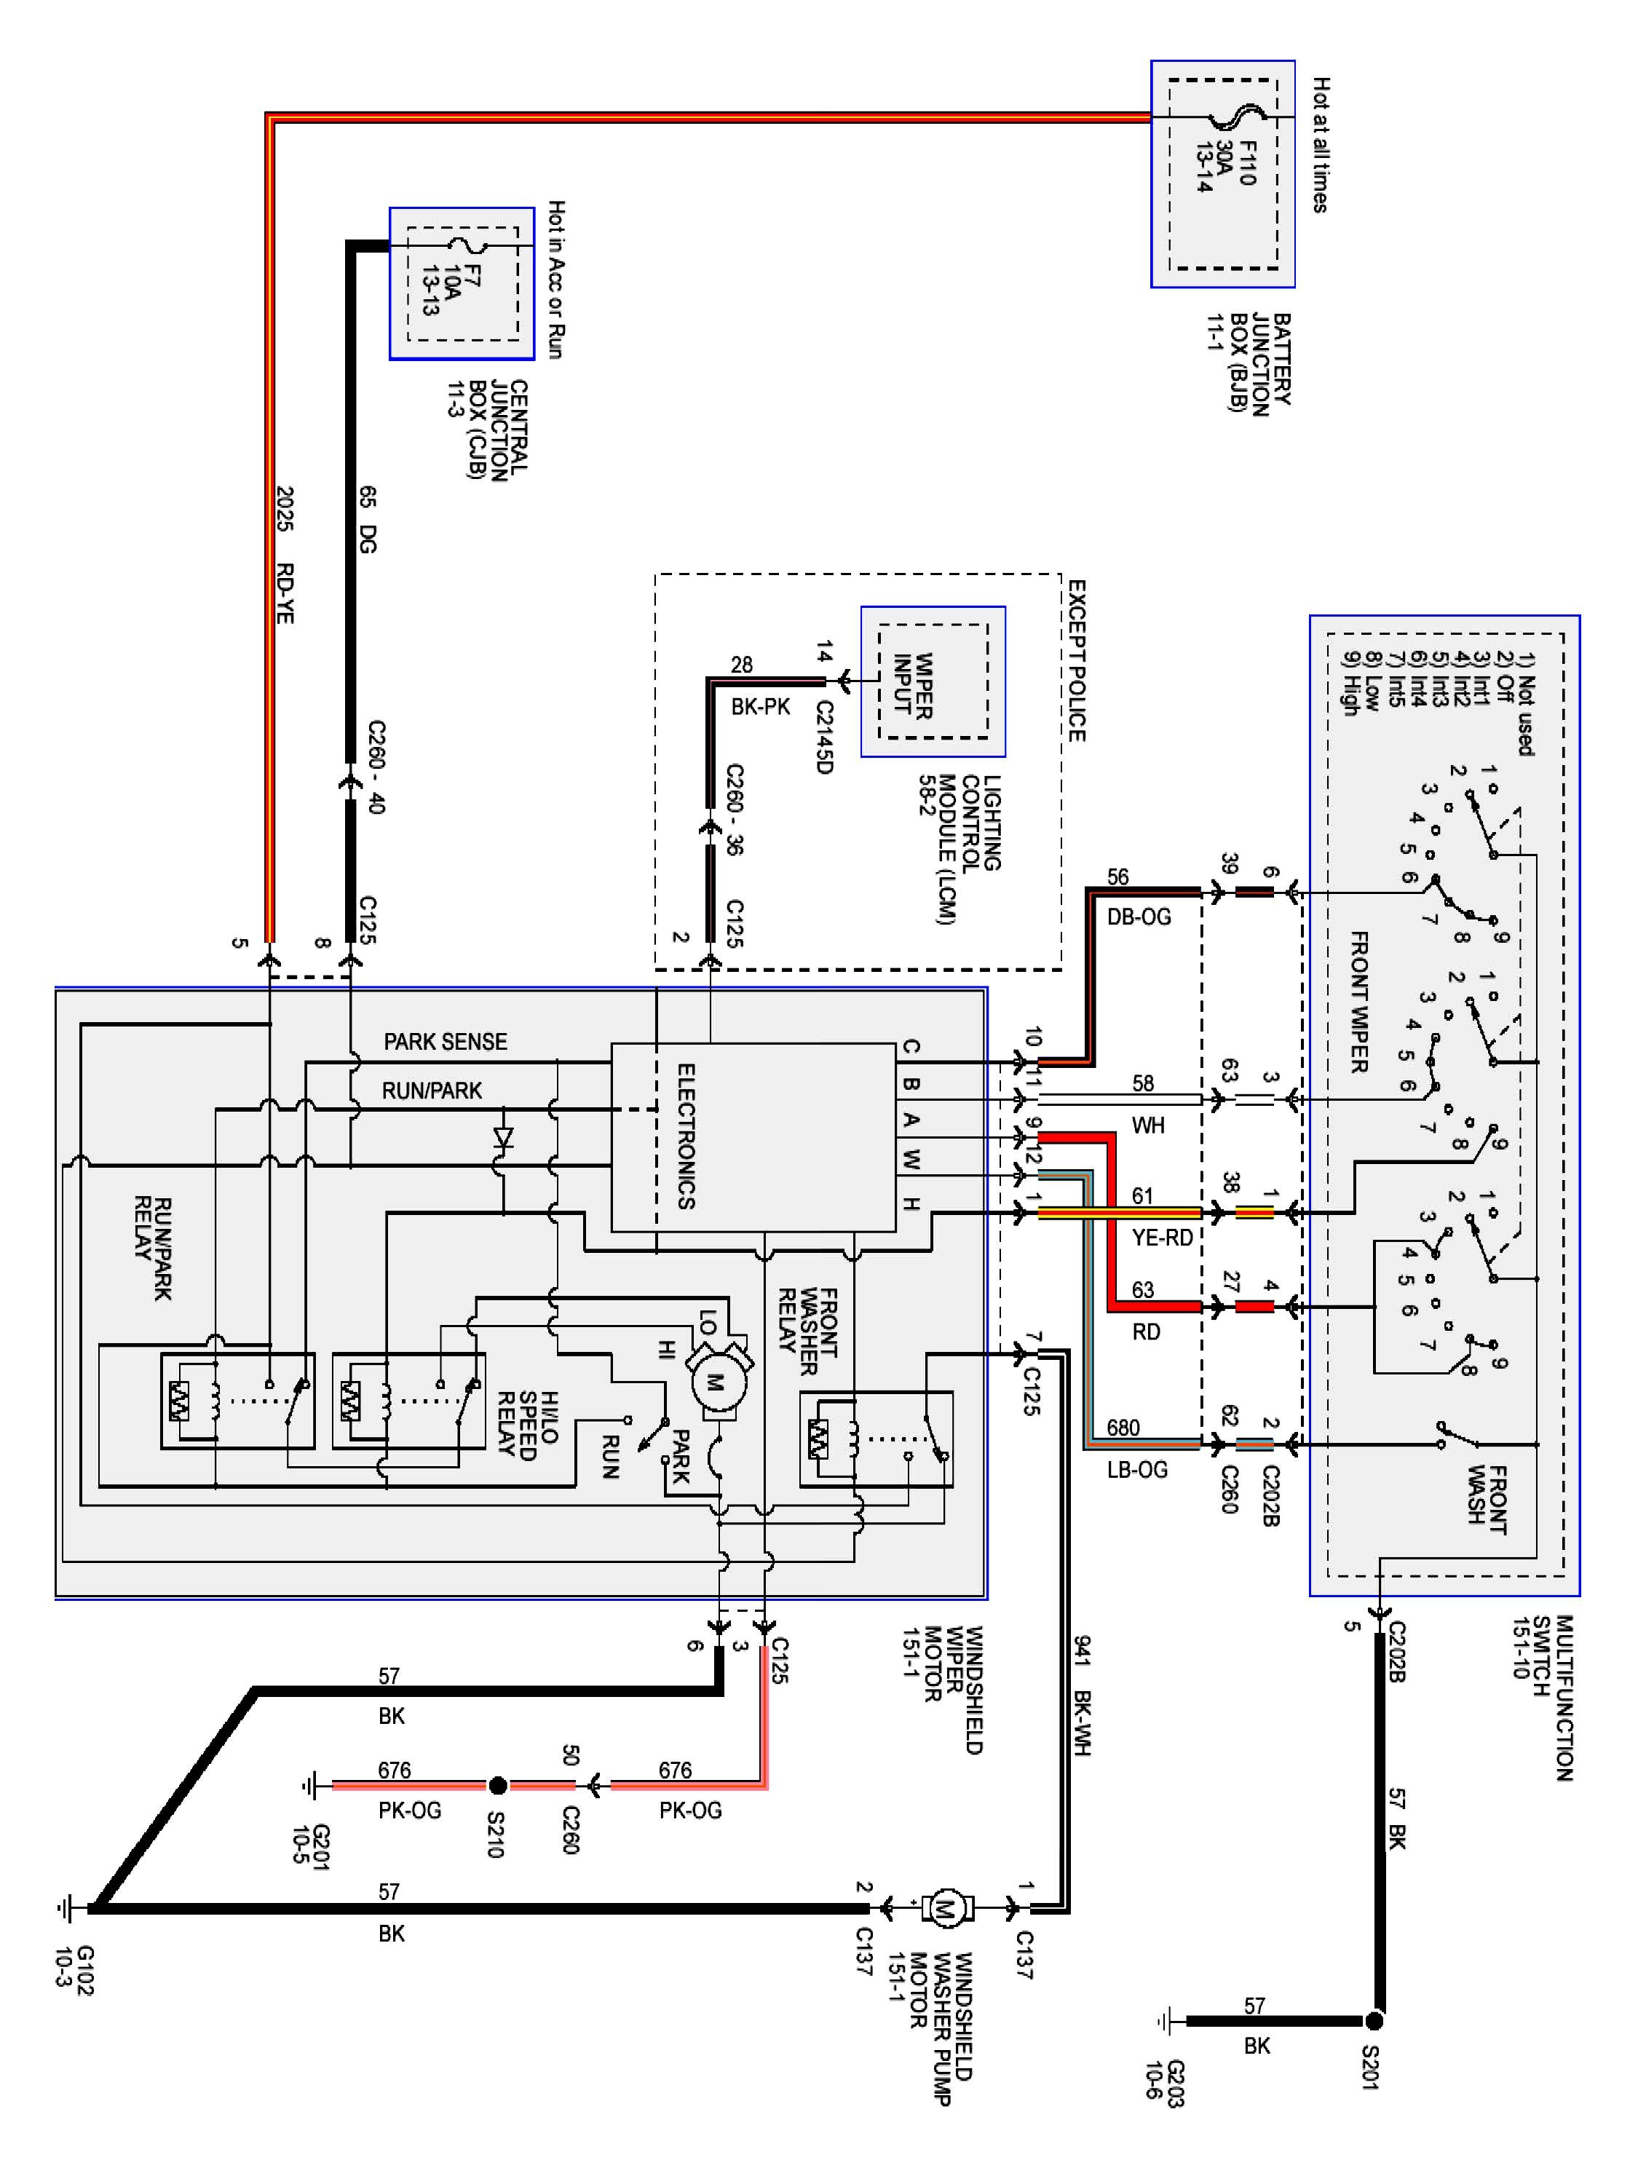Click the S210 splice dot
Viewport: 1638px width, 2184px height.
pos(498,1785)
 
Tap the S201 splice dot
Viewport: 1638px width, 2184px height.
pos(1374,2021)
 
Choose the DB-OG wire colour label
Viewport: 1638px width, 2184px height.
pos(1139,917)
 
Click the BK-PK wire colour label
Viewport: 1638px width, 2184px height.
pos(760,707)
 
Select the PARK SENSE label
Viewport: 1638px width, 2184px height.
pos(446,1042)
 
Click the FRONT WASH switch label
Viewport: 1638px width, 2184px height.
pos(1487,1500)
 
